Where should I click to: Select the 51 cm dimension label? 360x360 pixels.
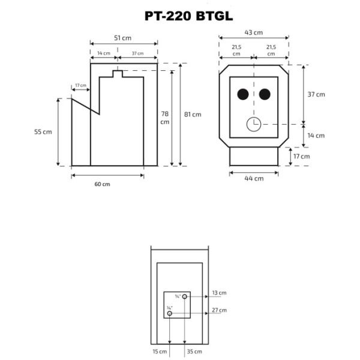123,38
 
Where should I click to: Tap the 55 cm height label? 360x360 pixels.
44,131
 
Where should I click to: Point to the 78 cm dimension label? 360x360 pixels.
165,118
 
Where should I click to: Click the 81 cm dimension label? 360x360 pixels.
193,114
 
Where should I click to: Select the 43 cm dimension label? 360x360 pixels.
254,32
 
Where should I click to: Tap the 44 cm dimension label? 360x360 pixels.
254,178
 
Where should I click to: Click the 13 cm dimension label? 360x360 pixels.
219,293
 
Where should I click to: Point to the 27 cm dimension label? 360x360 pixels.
219,310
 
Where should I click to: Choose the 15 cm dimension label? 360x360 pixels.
159,351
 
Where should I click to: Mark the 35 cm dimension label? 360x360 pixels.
194,351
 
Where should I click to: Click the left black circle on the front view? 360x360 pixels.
243,94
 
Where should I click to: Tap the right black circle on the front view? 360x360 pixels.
265,94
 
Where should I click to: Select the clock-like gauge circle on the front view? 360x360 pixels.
253,124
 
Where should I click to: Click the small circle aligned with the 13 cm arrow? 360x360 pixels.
185,296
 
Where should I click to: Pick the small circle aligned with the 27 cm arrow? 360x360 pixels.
170,313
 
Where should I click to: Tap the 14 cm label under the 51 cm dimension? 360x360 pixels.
103,53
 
